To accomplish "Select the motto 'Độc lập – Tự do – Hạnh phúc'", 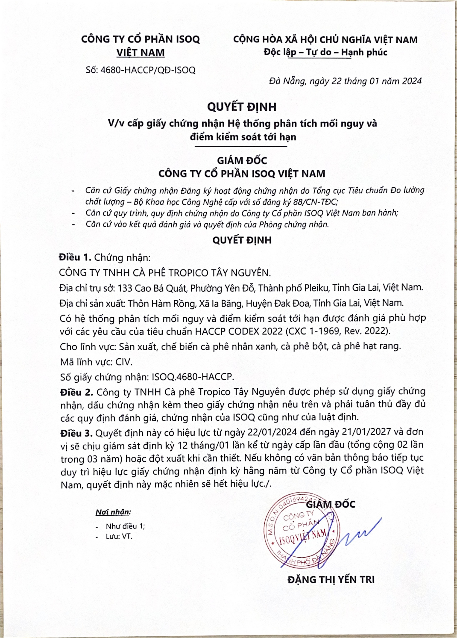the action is [325, 52].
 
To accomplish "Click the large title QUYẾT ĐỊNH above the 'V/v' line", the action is [242, 107].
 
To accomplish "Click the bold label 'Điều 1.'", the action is [75, 257].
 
